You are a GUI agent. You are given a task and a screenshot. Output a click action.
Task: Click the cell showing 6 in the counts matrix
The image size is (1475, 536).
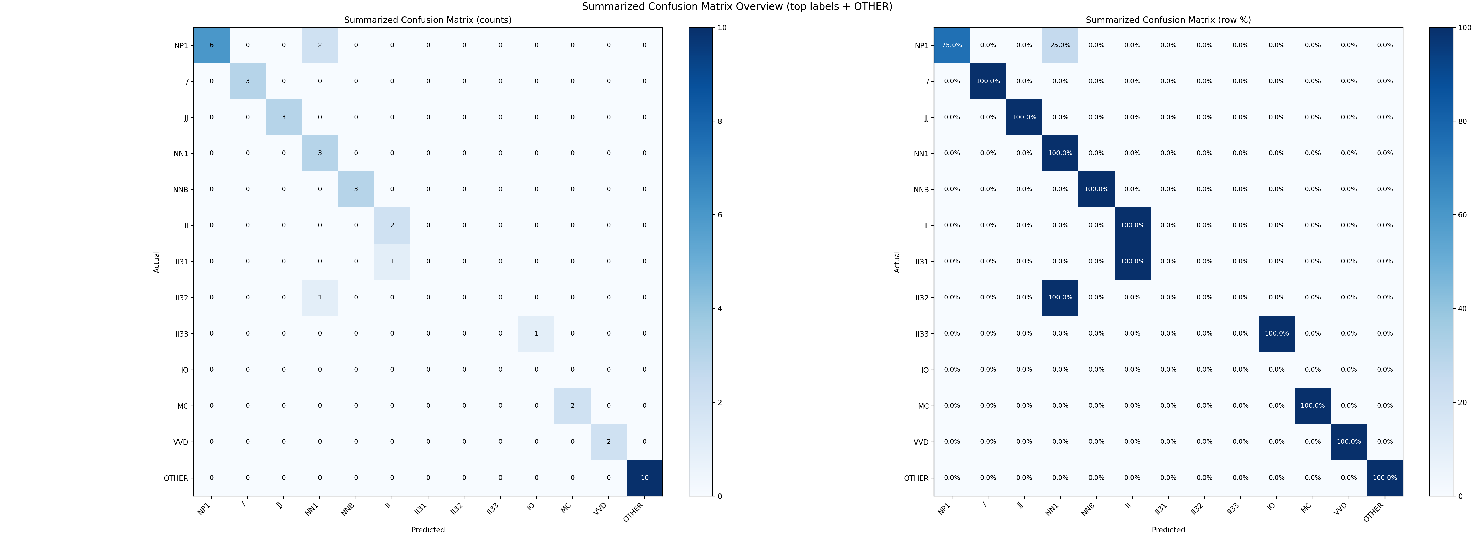tap(211, 45)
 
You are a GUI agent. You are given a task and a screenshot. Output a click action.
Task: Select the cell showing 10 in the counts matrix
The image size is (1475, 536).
tap(645, 478)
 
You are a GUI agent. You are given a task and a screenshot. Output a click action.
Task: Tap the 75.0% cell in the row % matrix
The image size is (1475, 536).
tap(952, 45)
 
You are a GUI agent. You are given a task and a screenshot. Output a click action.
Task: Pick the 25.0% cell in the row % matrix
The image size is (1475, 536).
tap(1060, 45)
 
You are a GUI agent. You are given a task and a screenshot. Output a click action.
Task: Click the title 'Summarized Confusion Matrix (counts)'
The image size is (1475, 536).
tap(428, 20)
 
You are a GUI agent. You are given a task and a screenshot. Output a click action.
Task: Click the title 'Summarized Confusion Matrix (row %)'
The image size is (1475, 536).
tap(1168, 20)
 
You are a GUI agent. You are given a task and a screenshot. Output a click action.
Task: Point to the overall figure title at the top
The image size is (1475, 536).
tap(737, 7)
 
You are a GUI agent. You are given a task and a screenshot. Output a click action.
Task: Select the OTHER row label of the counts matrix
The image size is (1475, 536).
tap(176, 478)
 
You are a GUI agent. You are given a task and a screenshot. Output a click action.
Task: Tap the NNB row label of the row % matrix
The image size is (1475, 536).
tap(921, 189)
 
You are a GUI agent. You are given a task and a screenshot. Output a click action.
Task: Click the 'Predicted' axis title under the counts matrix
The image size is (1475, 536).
tap(428, 530)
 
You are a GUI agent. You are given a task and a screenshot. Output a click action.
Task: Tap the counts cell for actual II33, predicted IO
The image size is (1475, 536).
tap(537, 333)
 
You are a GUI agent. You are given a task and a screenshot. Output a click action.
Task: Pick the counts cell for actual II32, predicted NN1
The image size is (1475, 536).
tap(319, 297)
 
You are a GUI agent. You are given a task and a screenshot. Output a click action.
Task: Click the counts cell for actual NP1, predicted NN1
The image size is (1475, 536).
tap(319, 45)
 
